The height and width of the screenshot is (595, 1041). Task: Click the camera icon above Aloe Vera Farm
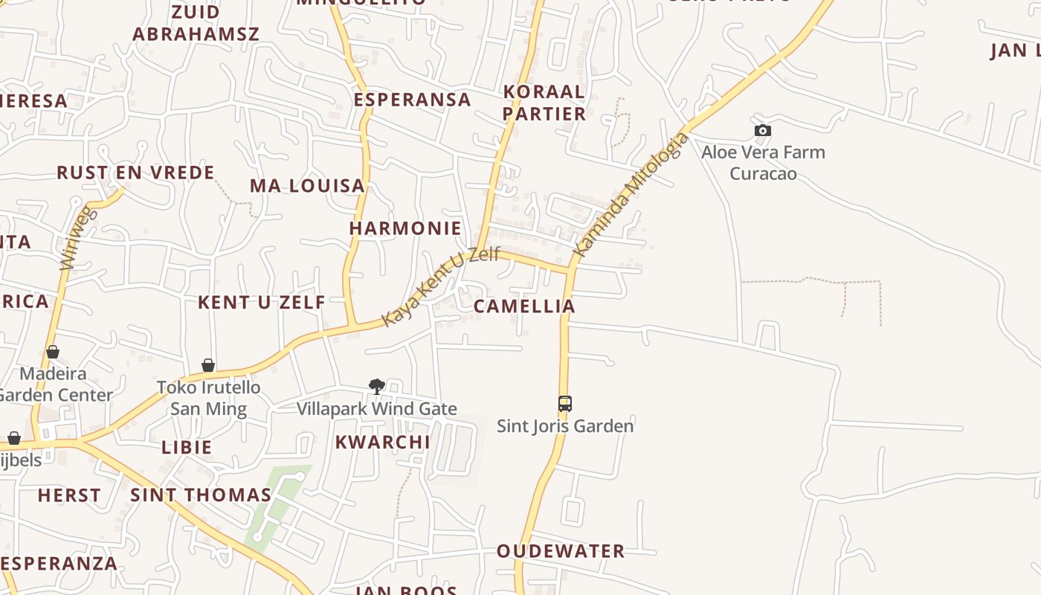click(762, 131)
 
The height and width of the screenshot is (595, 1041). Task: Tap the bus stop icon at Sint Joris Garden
click(565, 404)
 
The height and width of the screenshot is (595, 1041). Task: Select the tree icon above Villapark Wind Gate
click(377, 386)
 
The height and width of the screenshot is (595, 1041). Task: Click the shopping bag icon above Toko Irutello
click(208, 365)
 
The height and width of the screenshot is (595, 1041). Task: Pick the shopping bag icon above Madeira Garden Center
click(53, 352)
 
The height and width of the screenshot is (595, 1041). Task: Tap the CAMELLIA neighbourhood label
click(524, 306)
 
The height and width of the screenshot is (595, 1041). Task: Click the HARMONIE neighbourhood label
click(405, 228)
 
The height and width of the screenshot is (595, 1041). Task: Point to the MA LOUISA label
click(307, 185)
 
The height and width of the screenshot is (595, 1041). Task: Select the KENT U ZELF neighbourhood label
click(261, 302)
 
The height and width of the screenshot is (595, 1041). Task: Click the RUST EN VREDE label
click(135, 173)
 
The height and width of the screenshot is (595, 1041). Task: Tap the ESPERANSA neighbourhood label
click(412, 100)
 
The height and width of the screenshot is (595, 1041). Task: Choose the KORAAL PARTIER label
click(544, 103)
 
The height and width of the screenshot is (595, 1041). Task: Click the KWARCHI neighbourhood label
click(382, 442)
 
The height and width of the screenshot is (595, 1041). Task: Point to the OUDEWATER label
click(561, 551)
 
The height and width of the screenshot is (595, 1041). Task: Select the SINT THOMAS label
click(201, 495)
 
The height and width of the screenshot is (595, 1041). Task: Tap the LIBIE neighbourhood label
click(187, 447)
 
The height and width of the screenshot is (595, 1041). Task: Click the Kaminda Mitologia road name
click(632, 195)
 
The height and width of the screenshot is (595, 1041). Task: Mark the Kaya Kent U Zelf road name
click(440, 287)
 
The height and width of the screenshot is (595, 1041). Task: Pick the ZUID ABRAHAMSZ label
click(196, 23)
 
